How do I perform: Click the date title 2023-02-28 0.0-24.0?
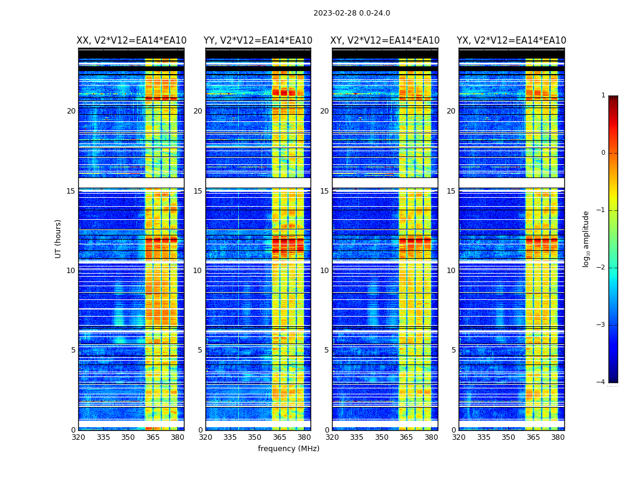click(x=352, y=13)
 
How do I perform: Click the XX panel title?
click(x=131, y=41)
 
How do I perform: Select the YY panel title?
click(x=258, y=41)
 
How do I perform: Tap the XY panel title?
click(x=385, y=41)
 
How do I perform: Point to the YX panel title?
click(x=512, y=41)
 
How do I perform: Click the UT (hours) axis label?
click(x=58, y=238)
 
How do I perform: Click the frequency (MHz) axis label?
click(x=288, y=449)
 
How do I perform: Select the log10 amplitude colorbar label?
click(x=586, y=238)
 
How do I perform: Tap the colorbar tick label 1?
click(x=603, y=96)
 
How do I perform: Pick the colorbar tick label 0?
click(x=603, y=153)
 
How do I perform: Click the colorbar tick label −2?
click(x=602, y=268)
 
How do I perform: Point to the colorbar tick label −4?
click(x=602, y=382)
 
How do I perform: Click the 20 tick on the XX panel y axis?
click(x=71, y=111)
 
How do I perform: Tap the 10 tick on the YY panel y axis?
click(x=198, y=271)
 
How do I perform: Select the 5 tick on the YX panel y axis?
click(x=453, y=350)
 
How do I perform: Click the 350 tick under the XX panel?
click(x=128, y=437)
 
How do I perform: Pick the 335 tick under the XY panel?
click(x=357, y=437)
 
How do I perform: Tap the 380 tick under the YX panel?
click(x=558, y=437)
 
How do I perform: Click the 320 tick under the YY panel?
click(x=205, y=437)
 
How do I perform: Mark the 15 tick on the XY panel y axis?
click(x=324, y=191)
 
